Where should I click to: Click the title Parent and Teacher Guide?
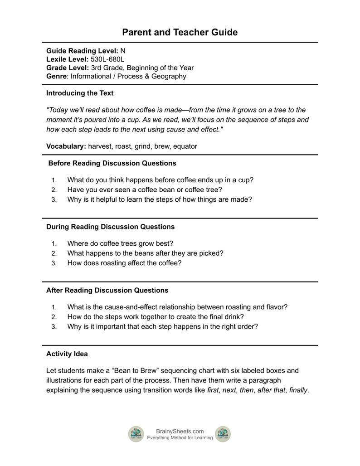click(x=180, y=32)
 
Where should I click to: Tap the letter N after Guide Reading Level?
click(x=123, y=51)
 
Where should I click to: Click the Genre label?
click(x=56, y=76)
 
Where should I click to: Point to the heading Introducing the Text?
click(x=80, y=93)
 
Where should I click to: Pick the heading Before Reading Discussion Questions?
click(x=112, y=163)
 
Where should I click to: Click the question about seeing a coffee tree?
click(x=145, y=189)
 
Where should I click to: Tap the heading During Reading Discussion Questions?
click(x=110, y=227)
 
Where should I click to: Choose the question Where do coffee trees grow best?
click(x=120, y=243)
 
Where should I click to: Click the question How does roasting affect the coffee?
click(x=124, y=263)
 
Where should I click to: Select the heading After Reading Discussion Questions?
click(x=107, y=290)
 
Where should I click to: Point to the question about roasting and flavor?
click(x=177, y=307)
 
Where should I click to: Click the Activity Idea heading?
click(x=67, y=354)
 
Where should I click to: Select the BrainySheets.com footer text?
click(x=180, y=431)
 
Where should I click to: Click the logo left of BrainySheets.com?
click(x=136, y=434)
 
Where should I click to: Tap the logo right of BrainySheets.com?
click(x=223, y=434)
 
